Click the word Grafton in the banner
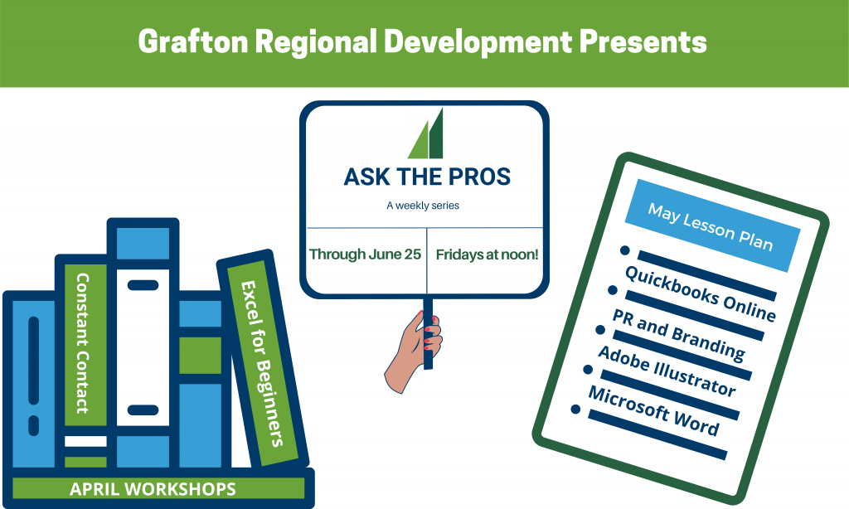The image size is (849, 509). click(x=193, y=41)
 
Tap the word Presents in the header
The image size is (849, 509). click(x=643, y=41)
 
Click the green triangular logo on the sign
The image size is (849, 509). click(x=425, y=133)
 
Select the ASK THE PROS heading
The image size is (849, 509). click(x=427, y=177)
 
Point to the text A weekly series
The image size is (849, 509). click(x=423, y=206)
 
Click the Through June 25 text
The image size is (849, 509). click(x=365, y=254)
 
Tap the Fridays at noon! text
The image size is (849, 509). click(x=487, y=254)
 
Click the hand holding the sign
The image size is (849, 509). click(x=414, y=352)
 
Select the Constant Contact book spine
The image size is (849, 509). click(x=82, y=343)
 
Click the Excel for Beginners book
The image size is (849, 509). click(x=263, y=363)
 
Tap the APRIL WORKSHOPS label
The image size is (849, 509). click(x=153, y=489)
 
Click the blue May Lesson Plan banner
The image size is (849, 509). click(x=712, y=225)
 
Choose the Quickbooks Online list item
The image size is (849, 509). click(x=700, y=294)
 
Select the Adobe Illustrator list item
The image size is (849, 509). click(x=667, y=371)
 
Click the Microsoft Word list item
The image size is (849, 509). click(x=654, y=410)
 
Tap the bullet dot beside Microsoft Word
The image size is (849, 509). click(x=575, y=410)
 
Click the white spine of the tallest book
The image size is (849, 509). click(x=143, y=347)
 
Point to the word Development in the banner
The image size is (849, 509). click(x=478, y=41)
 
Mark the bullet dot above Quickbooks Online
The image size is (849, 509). click(x=625, y=250)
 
